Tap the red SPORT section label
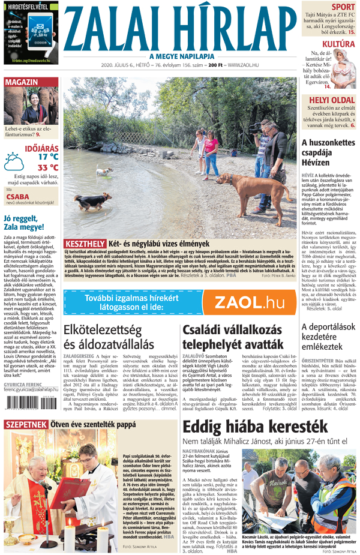pyautogui.click(x=343, y=7)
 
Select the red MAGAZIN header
pyautogui.click(x=22, y=82)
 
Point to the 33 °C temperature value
pyautogui.click(x=48, y=167)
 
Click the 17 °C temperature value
pyautogui.click(x=48, y=157)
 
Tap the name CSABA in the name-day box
pyautogui.click(x=17, y=196)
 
